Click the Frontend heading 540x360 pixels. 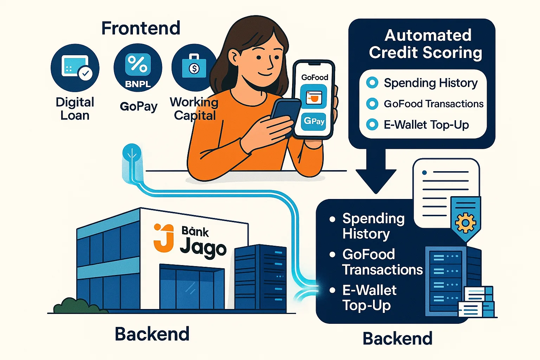141,28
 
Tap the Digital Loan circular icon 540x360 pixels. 75,68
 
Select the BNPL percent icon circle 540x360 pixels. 138,68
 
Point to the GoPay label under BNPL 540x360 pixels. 139,107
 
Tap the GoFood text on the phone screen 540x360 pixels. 315,77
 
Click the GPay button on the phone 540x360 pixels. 314,121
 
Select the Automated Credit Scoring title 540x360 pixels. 425,44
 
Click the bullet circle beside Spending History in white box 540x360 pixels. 372,83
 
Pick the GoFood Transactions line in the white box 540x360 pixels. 433,104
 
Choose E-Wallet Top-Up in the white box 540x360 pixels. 426,125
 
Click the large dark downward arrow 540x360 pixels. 376,171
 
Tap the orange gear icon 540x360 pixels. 465,223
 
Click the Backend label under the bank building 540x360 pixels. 152,334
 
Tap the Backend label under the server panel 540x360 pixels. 398,339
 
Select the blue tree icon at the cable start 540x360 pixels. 132,152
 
